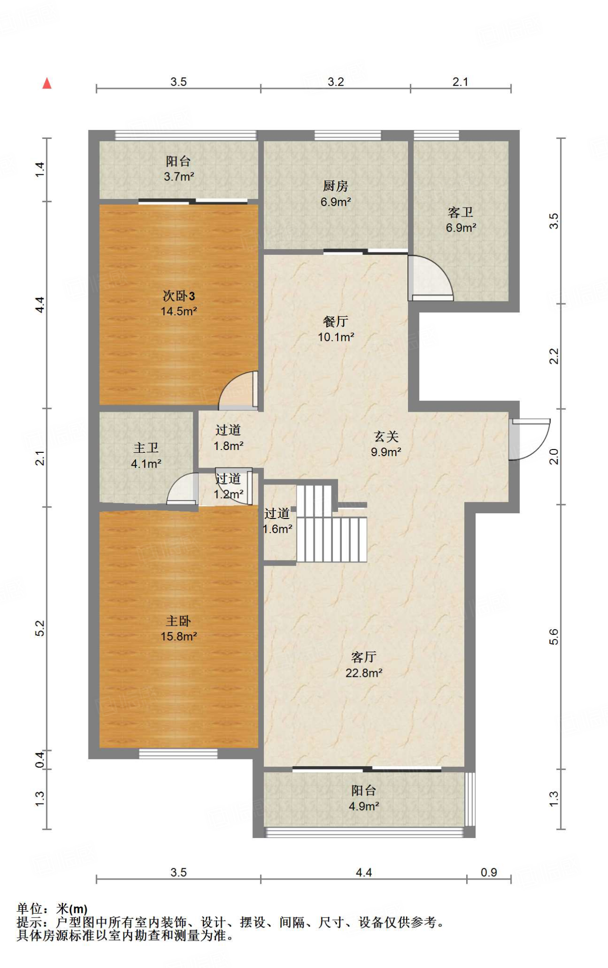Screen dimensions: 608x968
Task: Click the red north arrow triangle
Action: (x=47, y=83)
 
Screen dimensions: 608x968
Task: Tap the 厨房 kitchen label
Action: (x=336, y=186)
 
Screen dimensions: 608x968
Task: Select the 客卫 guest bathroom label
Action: (x=460, y=212)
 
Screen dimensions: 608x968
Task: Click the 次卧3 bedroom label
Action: (x=179, y=296)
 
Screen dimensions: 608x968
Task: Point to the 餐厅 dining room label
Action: (x=336, y=321)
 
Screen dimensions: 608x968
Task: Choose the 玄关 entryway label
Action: (x=386, y=436)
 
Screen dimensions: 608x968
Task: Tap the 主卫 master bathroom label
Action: (x=146, y=448)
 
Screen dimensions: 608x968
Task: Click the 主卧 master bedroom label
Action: (x=179, y=621)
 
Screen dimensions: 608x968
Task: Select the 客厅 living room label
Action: (x=364, y=657)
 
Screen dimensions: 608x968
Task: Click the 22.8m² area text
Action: (x=364, y=673)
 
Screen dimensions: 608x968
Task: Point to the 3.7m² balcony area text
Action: (x=179, y=177)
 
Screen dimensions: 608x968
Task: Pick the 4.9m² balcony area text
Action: (x=364, y=806)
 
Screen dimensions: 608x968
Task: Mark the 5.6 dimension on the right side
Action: (x=554, y=637)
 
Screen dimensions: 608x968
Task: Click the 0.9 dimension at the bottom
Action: (x=489, y=872)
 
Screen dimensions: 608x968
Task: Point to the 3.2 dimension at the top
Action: (x=336, y=82)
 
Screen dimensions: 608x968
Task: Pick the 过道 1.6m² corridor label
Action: (x=278, y=521)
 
